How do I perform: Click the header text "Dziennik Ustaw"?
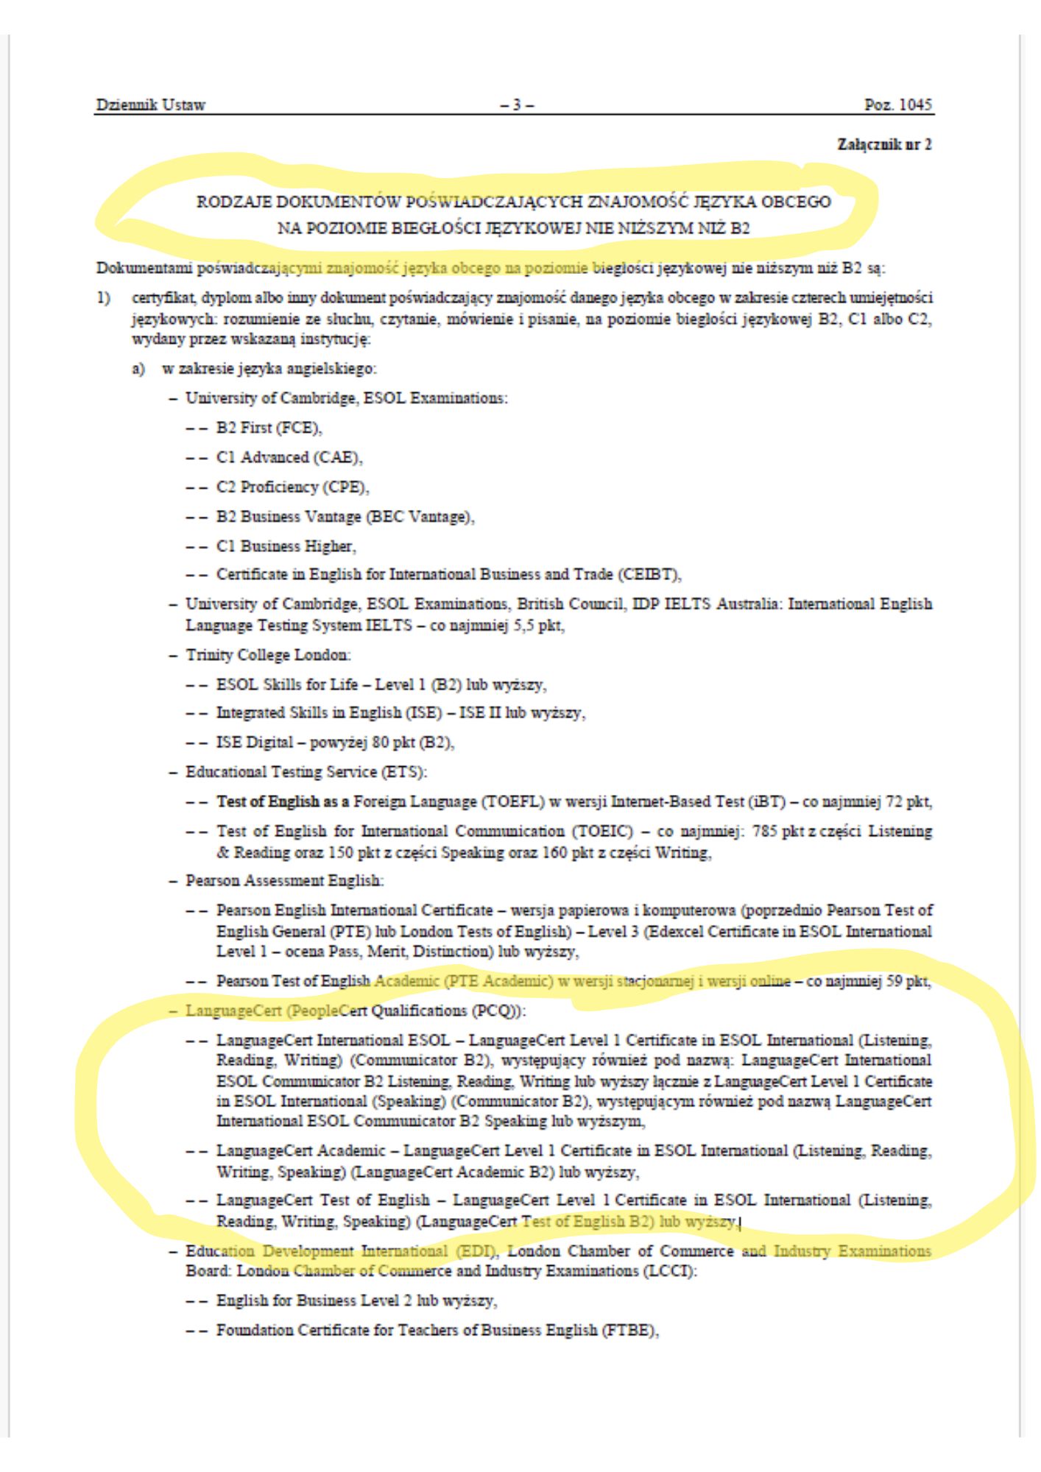[x=150, y=105]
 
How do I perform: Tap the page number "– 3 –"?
[x=517, y=105]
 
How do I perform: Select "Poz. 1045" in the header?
[x=897, y=105]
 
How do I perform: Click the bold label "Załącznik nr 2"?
[x=884, y=144]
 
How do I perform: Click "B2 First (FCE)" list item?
[x=269, y=428]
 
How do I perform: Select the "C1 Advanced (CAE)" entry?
[x=289, y=457]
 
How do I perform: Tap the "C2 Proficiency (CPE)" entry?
[x=292, y=486]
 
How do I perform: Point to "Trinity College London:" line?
[x=268, y=654]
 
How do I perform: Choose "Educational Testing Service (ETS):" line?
[x=306, y=772]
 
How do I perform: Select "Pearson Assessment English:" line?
[x=283, y=880]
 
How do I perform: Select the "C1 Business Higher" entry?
[x=286, y=545]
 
